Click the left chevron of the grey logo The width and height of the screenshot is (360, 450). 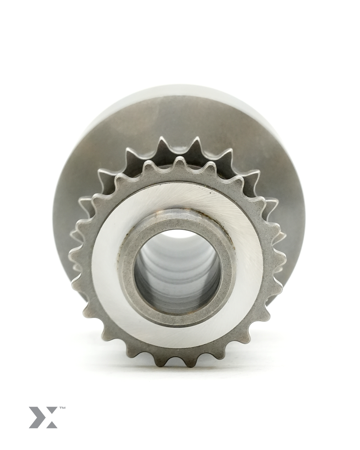35,417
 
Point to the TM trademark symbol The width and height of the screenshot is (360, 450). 62,408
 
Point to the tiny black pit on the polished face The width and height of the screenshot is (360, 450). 210,192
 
